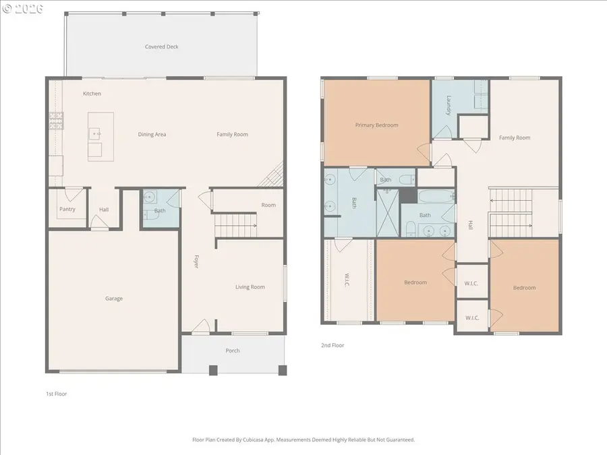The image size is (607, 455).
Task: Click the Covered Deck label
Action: (161, 47)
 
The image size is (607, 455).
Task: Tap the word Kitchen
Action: (92, 94)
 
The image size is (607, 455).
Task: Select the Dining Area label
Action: (152, 135)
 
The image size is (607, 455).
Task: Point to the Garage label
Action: (114, 299)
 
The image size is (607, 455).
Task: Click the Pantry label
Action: (67, 210)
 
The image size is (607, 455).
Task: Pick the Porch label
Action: (233, 351)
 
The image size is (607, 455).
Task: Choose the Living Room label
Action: (250, 287)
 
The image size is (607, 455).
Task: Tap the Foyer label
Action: (196, 262)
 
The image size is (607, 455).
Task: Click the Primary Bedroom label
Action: (376, 125)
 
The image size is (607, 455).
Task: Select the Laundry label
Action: (449, 106)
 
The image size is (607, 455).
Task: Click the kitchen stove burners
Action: (56, 121)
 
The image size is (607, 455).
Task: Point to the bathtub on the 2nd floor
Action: (436, 196)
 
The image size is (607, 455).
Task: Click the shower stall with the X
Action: (388, 212)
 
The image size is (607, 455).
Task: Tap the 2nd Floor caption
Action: (333, 345)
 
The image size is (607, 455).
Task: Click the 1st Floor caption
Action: (57, 394)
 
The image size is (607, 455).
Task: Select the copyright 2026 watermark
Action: (22, 9)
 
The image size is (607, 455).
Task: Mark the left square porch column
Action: (213, 370)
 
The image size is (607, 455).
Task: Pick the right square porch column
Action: (283, 370)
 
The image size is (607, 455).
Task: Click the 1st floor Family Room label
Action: (232, 135)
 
